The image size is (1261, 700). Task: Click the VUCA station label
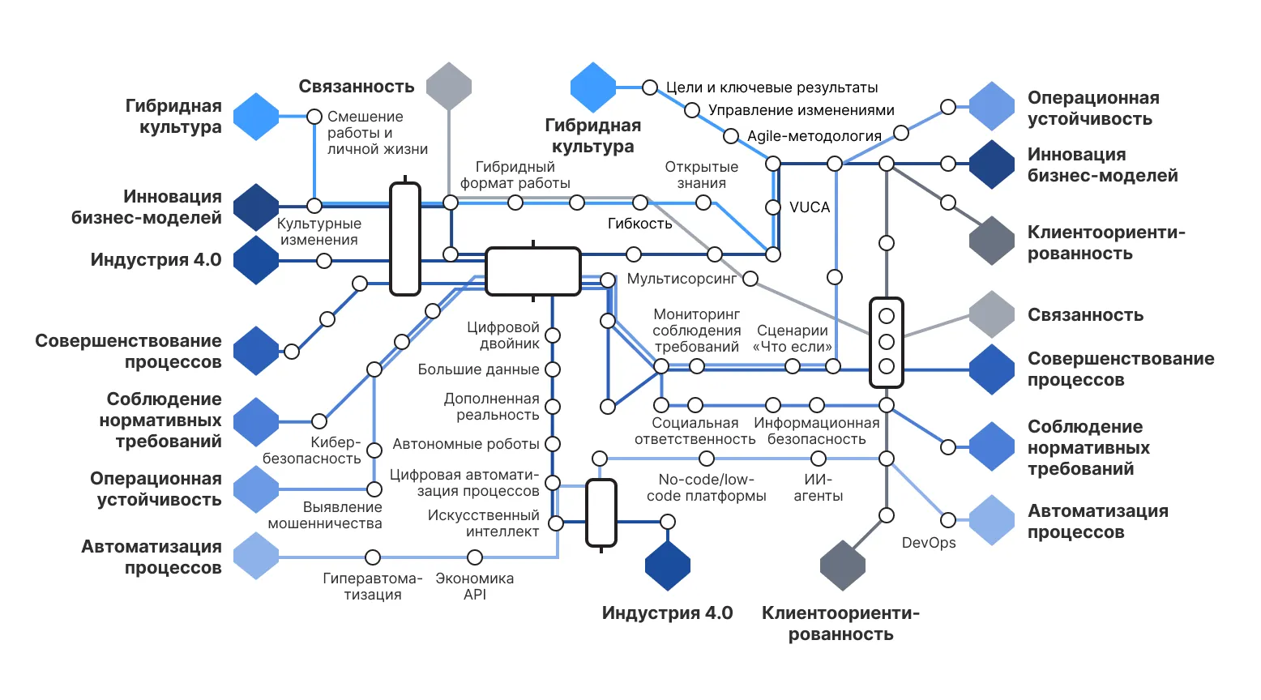click(810, 207)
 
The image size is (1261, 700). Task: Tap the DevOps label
click(929, 543)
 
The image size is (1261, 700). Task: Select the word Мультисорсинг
click(682, 279)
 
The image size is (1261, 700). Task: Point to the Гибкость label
click(640, 224)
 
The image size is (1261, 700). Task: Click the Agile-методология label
click(814, 136)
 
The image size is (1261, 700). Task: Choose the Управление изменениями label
click(801, 110)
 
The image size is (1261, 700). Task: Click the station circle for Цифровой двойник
click(553, 335)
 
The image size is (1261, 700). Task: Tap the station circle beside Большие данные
click(553, 369)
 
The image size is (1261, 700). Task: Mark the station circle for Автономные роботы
click(553, 444)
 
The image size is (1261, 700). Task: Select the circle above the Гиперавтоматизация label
click(373, 557)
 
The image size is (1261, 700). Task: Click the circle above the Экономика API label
click(475, 557)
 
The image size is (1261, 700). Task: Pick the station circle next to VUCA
click(773, 207)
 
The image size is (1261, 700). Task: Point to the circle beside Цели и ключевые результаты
click(650, 87)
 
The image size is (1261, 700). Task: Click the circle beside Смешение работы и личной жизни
click(314, 117)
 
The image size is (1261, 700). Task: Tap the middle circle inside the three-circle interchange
click(887, 341)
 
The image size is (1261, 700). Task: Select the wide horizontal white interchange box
click(532, 271)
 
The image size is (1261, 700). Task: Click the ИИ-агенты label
click(818, 488)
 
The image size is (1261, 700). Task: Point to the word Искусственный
click(483, 515)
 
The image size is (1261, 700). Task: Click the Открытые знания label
click(701, 175)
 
